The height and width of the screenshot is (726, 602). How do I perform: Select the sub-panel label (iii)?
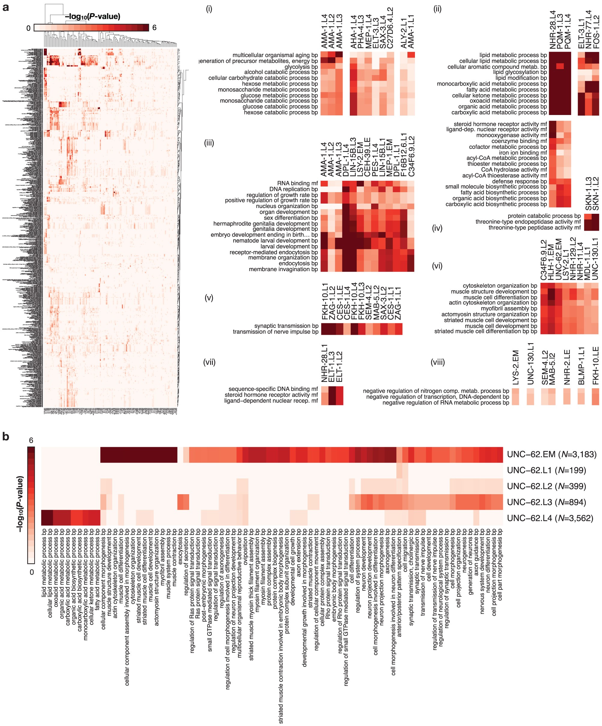point(209,143)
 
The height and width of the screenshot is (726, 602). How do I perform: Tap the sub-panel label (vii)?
point(209,362)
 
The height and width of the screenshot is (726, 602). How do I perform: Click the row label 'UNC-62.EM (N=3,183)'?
point(552,454)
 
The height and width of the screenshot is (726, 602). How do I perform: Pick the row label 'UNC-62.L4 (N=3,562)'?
point(550,518)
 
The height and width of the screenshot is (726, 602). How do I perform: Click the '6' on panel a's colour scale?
point(154,28)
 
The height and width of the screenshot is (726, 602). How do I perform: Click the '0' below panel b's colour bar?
point(32,572)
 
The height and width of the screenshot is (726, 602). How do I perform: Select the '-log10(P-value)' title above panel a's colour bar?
point(93,16)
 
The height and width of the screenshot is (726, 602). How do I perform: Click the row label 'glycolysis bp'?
point(301,67)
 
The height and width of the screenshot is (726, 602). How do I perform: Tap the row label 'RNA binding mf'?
point(297,183)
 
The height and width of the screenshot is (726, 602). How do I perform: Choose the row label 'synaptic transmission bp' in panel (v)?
point(286,326)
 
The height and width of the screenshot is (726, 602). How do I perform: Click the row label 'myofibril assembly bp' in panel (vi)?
point(509,308)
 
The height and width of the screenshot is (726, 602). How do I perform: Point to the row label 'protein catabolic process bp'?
point(544,216)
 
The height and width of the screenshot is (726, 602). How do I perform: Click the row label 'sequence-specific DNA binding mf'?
point(273,389)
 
